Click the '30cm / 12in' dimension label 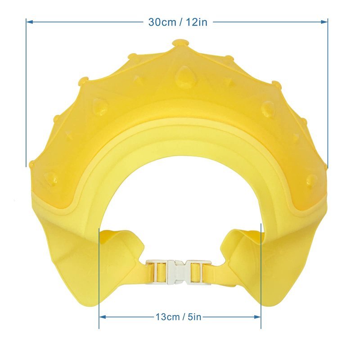coord(178,22)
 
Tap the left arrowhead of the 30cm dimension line coord(30,22)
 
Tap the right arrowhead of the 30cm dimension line coord(324,22)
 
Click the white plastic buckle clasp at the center coord(179,272)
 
